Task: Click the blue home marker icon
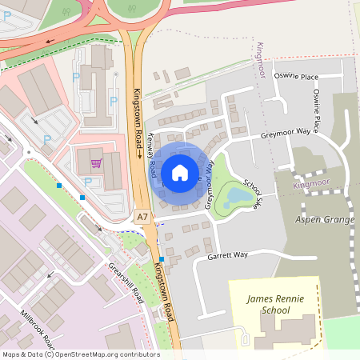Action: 180,172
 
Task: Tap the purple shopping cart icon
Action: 97,164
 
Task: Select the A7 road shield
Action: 142,217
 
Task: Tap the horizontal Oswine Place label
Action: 295,77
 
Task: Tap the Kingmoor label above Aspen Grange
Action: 312,185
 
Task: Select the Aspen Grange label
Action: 323,219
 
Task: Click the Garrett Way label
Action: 228,256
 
